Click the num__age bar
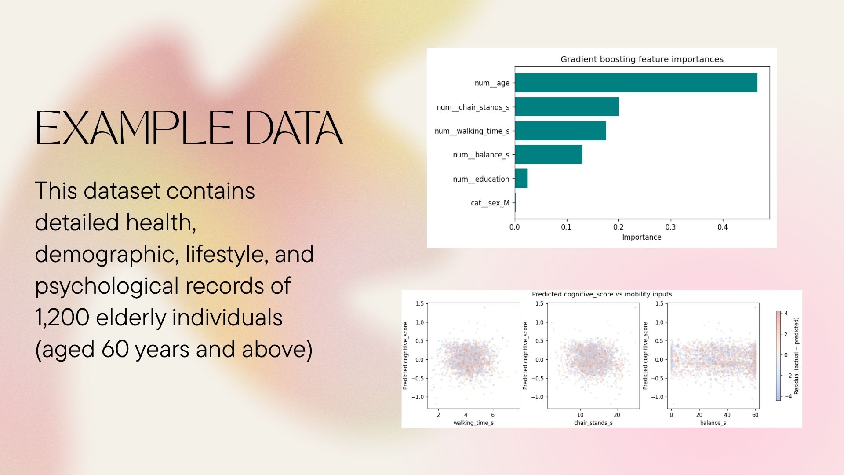[x=636, y=83]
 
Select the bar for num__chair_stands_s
[x=567, y=107]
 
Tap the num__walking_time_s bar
[x=560, y=131]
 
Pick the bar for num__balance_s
[x=549, y=154]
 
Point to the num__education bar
[x=521, y=178]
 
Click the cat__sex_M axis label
[x=490, y=203]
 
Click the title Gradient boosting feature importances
[x=642, y=59]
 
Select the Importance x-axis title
[x=642, y=237]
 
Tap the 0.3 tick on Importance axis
[x=670, y=227]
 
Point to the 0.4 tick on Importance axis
[x=723, y=227]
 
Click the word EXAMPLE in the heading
[x=135, y=128]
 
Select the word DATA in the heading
[x=294, y=128]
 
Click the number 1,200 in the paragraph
[x=62, y=318]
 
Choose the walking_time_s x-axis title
[x=473, y=423]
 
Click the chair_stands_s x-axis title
[x=593, y=423]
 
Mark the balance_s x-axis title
[x=713, y=423]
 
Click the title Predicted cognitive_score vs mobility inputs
[x=602, y=294]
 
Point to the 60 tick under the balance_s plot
[x=755, y=415]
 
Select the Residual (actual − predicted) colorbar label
[x=797, y=356]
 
